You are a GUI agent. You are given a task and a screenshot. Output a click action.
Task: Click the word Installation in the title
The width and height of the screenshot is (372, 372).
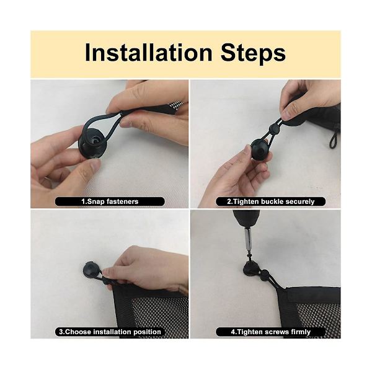coord(149,53)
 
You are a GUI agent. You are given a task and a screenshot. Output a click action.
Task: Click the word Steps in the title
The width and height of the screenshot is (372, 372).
coord(253,53)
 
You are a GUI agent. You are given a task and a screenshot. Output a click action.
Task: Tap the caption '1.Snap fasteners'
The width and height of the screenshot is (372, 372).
coord(110,201)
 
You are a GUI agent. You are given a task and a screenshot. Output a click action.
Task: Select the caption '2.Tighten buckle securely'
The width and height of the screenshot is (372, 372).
coord(271,201)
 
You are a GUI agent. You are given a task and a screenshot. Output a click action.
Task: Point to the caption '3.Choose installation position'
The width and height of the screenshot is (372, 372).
coord(110,332)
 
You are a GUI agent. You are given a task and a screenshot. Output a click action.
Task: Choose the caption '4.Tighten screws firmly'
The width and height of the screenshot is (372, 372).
coord(271,332)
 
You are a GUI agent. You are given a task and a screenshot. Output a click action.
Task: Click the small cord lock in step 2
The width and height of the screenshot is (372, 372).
coord(273,128)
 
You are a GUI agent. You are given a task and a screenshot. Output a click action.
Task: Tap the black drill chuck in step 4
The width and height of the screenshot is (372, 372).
coord(246,218)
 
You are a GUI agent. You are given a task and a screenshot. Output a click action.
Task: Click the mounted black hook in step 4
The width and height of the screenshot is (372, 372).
coord(251,269)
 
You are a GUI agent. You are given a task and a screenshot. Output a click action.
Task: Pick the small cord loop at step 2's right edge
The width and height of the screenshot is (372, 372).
coord(334,141)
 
